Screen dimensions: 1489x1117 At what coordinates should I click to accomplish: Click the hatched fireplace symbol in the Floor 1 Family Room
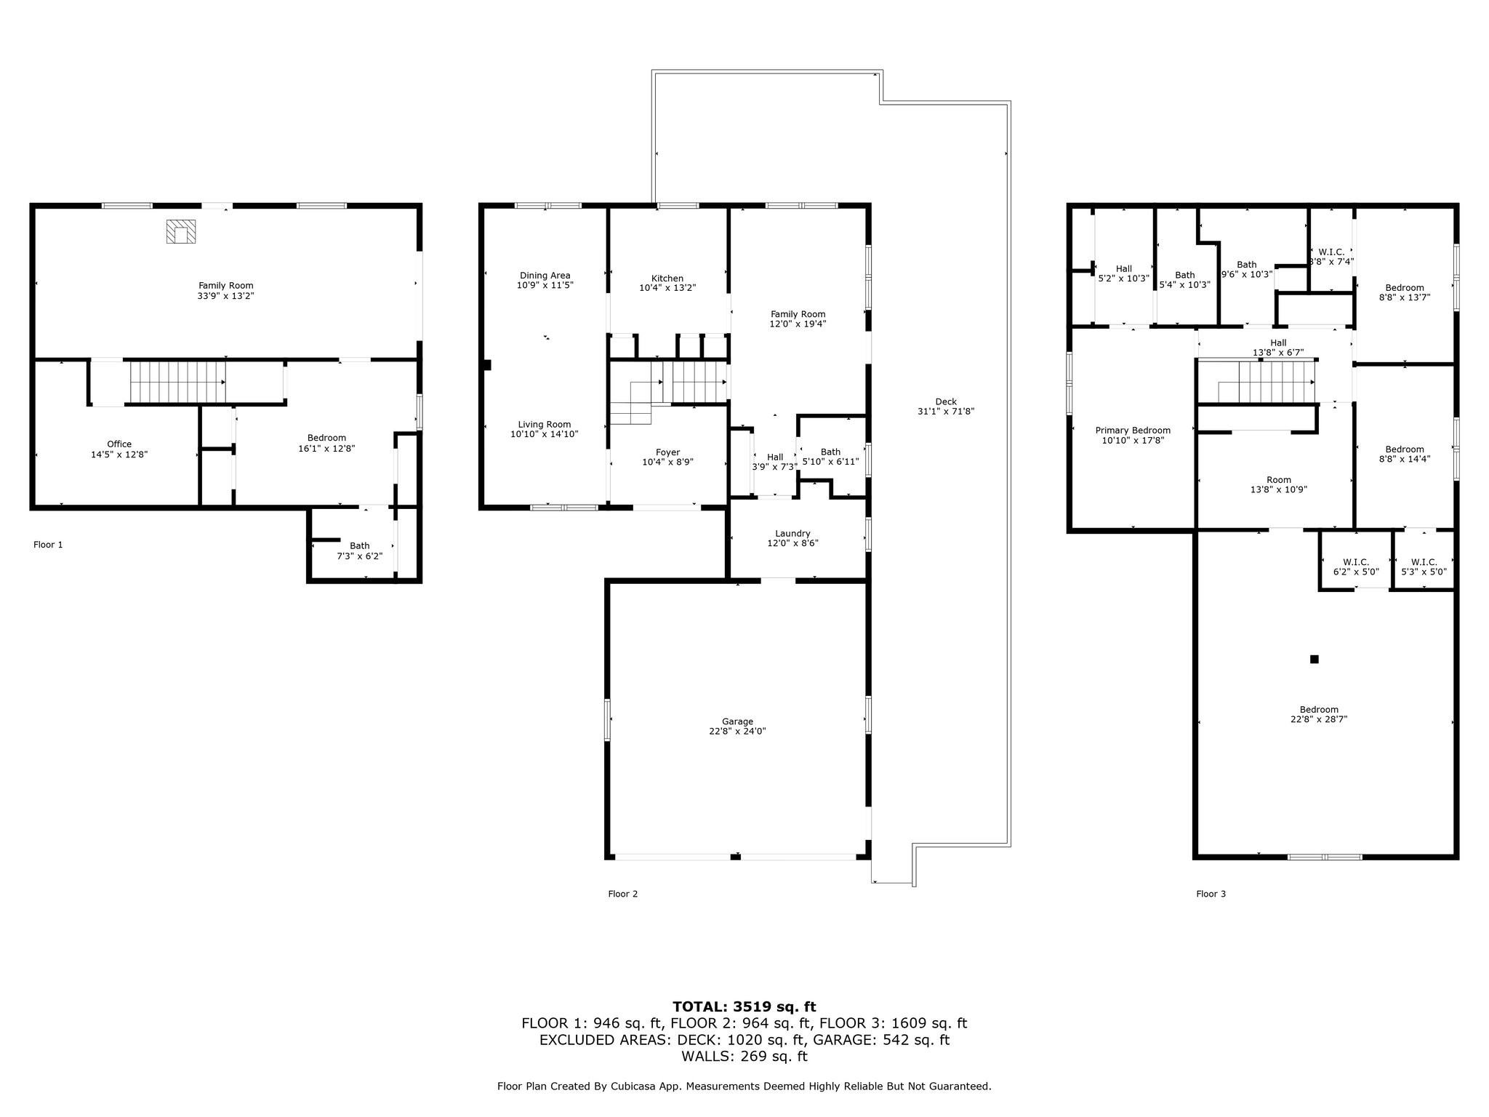[x=180, y=232]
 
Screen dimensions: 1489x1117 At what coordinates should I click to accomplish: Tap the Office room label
[x=119, y=444]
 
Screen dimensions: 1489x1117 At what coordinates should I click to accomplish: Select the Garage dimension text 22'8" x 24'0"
[x=737, y=732]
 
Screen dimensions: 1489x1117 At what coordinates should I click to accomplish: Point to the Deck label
[x=946, y=401]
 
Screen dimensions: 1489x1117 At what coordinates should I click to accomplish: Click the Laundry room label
[x=792, y=534]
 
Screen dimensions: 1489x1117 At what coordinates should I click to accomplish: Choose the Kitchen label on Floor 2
[x=667, y=279]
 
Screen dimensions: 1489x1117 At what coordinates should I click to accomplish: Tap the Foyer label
[x=668, y=452]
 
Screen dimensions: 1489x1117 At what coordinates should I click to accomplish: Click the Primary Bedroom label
[x=1133, y=431]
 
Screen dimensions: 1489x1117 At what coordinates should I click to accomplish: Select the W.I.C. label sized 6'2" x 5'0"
[x=1356, y=562]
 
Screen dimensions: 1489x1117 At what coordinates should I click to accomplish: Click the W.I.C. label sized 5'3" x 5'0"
[x=1424, y=562]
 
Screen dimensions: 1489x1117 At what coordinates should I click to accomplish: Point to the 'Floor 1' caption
[x=48, y=545]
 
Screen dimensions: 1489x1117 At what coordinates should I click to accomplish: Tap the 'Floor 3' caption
[x=1211, y=894]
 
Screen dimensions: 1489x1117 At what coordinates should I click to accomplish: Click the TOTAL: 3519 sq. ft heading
[x=744, y=1007]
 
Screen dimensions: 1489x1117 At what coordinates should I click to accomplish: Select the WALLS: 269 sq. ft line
[x=744, y=1057]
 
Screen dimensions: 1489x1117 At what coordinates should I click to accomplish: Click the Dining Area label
[x=545, y=276]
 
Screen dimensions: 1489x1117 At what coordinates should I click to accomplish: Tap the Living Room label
[x=545, y=425]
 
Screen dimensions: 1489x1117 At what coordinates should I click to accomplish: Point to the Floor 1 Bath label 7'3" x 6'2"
[x=359, y=546]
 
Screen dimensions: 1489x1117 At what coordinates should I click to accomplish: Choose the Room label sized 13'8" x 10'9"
[x=1279, y=480]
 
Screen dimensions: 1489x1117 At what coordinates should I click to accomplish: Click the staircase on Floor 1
[x=177, y=382]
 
